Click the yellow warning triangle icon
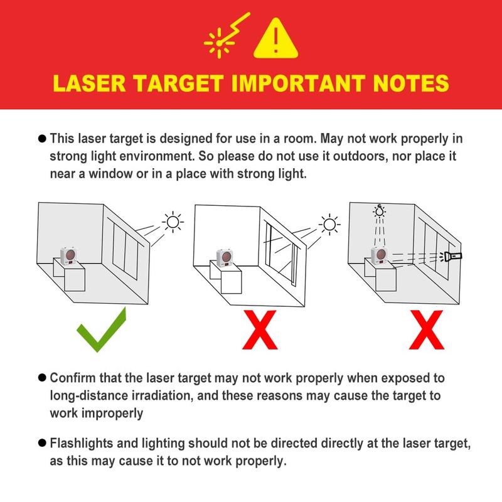coord(275,39)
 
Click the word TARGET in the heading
coord(178,83)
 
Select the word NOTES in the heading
coord(411,83)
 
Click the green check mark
coord(102,330)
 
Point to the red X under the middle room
coord(260,330)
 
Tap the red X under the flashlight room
coord(427,330)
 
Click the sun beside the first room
coord(173,222)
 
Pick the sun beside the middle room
coord(329,225)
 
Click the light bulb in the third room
coord(380,211)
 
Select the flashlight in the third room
coord(451,256)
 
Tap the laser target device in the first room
coord(69,256)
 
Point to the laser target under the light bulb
coord(380,256)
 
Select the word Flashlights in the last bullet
coord(82,444)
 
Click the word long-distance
coord(89,396)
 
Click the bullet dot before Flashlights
coord(42,443)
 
